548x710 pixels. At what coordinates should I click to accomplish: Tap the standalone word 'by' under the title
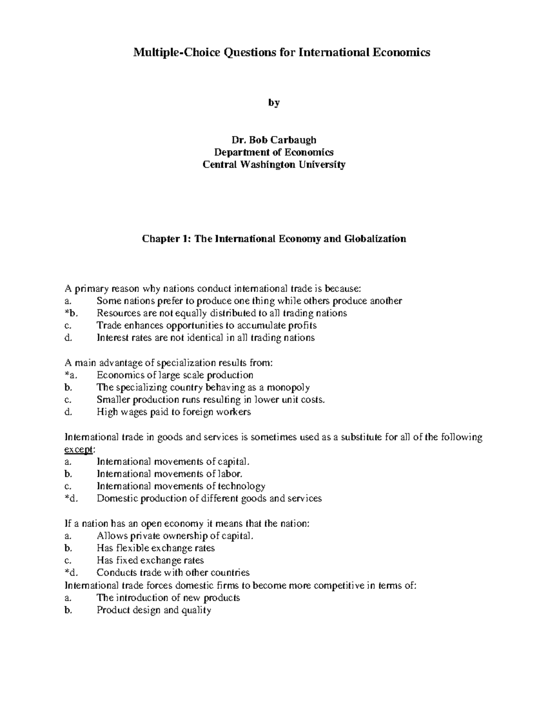274,103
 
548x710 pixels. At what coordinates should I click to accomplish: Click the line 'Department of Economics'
274,152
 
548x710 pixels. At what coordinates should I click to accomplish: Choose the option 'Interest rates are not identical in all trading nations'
205,338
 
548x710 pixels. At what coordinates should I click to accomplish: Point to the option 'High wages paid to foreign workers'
174,412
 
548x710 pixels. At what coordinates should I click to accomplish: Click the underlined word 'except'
79,449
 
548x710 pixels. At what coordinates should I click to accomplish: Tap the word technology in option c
242,486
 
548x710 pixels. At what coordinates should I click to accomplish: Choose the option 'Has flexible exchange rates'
156,548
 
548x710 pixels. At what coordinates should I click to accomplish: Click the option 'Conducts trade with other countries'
173,572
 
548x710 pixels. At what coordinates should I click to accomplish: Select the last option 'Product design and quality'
154,610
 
